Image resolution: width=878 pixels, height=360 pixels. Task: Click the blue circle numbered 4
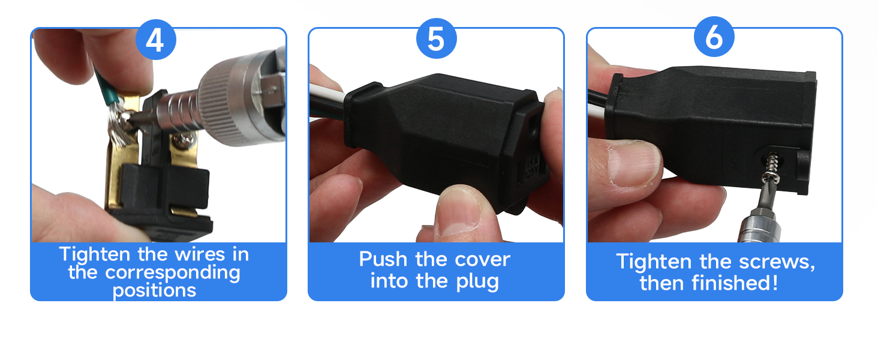point(155,39)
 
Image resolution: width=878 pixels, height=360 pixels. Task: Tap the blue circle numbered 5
point(436,38)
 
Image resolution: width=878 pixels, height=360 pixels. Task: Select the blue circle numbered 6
point(714,37)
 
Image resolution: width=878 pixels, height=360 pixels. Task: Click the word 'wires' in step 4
point(200,254)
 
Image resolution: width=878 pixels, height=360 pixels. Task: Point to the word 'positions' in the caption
point(154,291)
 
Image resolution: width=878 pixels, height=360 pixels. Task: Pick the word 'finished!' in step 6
point(735,283)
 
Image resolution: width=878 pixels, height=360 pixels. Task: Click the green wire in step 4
point(105,87)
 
